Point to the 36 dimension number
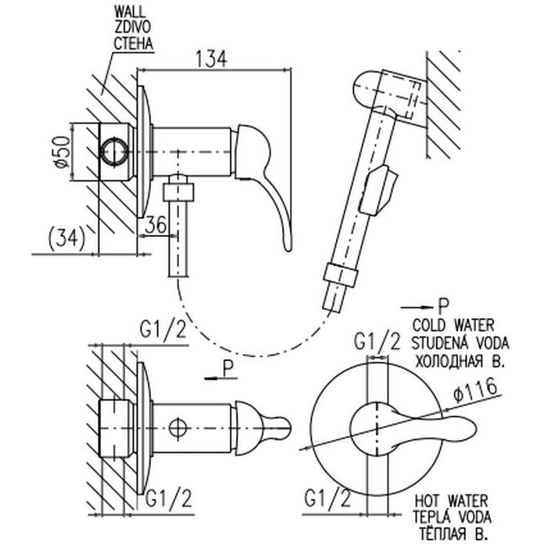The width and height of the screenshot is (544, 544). (157, 224)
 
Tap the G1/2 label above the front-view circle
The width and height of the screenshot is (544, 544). (378, 340)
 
